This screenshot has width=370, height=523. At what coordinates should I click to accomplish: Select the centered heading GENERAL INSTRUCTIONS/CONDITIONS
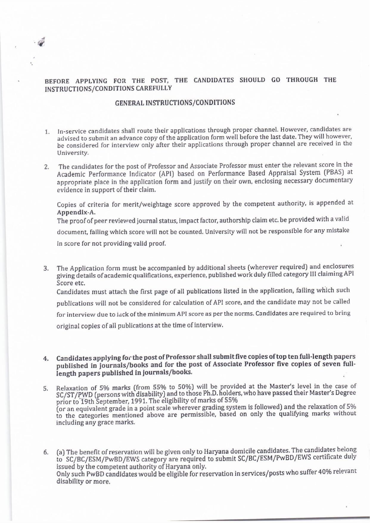[x=175, y=103]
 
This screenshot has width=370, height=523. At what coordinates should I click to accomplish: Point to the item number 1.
[x=47, y=132]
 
